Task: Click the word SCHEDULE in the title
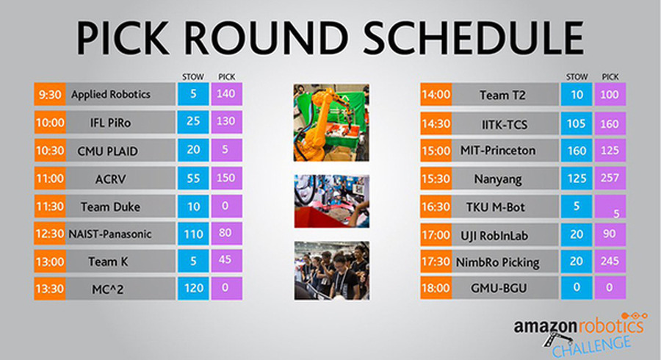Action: pyautogui.click(x=474, y=37)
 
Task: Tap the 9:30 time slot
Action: pyautogui.click(x=50, y=94)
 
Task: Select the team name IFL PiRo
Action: pyautogui.click(x=110, y=123)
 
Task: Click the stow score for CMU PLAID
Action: pyautogui.click(x=193, y=150)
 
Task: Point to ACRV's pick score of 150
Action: pyautogui.click(x=226, y=178)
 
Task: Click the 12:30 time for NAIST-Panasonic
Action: pyautogui.click(x=50, y=234)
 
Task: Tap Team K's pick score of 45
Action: pyautogui.click(x=226, y=260)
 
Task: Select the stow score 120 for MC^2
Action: pyautogui.click(x=193, y=288)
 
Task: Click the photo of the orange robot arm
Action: pyautogui.click(x=331, y=122)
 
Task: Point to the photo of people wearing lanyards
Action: pyautogui.click(x=332, y=270)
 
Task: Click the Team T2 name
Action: pyautogui.click(x=502, y=96)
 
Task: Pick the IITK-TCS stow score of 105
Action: pyautogui.click(x=577, y=124)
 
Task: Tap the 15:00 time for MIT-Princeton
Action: pyautogui.click(x=436, y=151)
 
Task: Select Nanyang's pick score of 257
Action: pyautogui.click(x=610, y=178)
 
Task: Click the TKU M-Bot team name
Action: pyautogui.click(x=495, y=207)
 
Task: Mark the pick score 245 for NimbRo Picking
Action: pyautogui.click(x=610, y=262)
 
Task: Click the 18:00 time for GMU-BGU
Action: pyautogui.click(x=436, y=288)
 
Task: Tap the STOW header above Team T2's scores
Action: pyautogui.click(x=577, y=76)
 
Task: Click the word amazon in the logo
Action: pyautogui.click(x=545, y=326)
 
